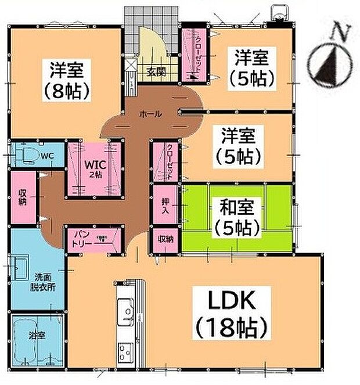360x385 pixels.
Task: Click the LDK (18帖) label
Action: coord(229,314)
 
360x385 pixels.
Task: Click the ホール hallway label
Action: coord(150,114)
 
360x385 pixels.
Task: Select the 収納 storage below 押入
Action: coord(164,239)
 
